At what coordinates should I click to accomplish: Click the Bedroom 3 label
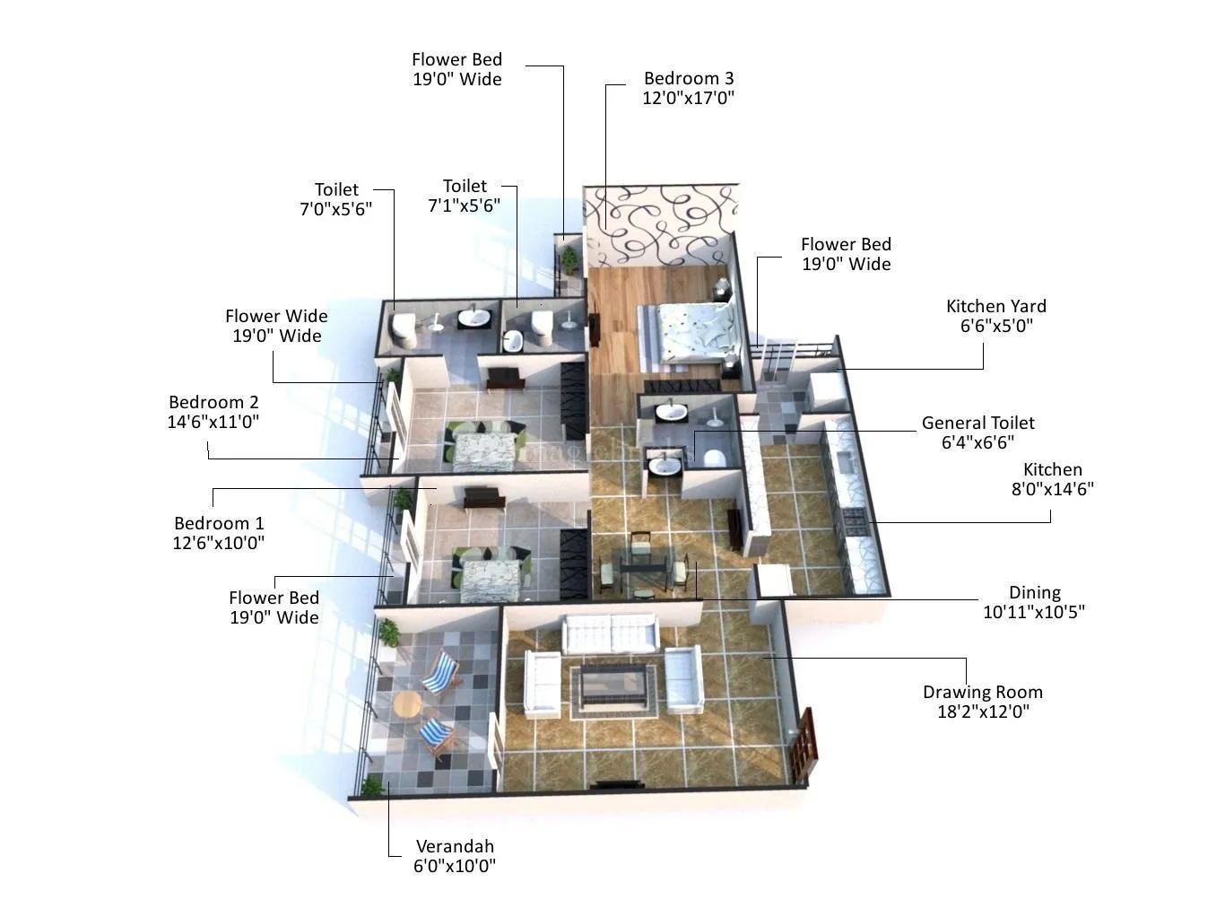coord(688,79)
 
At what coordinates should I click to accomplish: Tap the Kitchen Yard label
coord(995,306)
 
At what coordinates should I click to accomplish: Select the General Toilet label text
coord(977,423)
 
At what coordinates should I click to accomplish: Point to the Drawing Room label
coord(982,692)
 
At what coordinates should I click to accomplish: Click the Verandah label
coord(454,846)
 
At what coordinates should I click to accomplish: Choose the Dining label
coord(1034,592)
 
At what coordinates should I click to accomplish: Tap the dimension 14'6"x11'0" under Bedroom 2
coord(213,422)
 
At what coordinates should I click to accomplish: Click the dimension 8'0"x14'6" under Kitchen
coord(1052,489)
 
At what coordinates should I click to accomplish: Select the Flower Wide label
coord(276,316)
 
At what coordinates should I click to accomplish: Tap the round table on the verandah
coord(407,704)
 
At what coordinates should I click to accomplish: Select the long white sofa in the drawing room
coord(610,633)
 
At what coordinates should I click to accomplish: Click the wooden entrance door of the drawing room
coord(806,742)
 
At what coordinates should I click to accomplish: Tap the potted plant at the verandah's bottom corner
coord(371,787)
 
